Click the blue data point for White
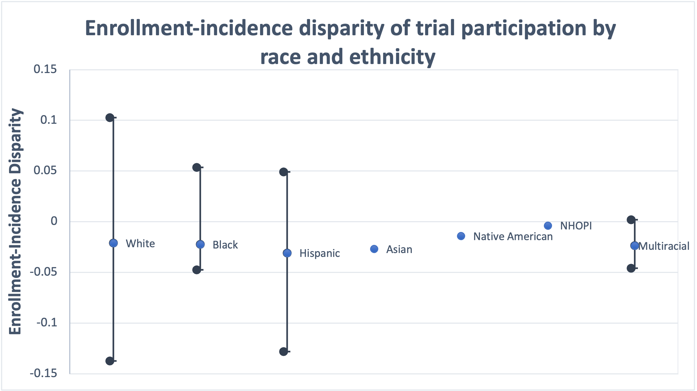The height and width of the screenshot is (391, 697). click(113, 243)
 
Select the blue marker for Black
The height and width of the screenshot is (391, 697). click(200, 244)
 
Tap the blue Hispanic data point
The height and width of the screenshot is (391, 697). click(287, 253)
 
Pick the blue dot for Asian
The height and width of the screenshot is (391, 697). click(374, 249)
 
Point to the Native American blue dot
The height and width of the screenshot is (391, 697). click(461, 236)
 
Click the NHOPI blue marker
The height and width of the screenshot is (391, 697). click(548, 226)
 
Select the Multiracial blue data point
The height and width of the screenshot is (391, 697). click(635, 246)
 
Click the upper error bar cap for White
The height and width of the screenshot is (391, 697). click(110, 118)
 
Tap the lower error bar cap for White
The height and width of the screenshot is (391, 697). click(110, 361)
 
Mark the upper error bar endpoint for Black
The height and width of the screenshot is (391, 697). click(197, 167)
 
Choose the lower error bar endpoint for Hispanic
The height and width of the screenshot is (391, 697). click(284, 352)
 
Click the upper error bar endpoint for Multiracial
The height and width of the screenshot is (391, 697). click(631, 220)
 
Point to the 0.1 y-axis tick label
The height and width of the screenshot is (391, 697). click(48, 120)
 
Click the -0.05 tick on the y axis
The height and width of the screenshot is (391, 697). click(43, 272)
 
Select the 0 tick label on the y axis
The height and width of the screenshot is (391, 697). click(54, 221)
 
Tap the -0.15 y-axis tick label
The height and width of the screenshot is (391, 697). click(43, 373)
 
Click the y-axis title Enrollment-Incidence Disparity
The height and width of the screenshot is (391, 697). click(16, 221)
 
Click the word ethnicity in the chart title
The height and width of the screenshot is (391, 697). click(392, 57)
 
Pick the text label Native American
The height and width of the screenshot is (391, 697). click(513, 237)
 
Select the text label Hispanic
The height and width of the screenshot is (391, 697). click(320, 253)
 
